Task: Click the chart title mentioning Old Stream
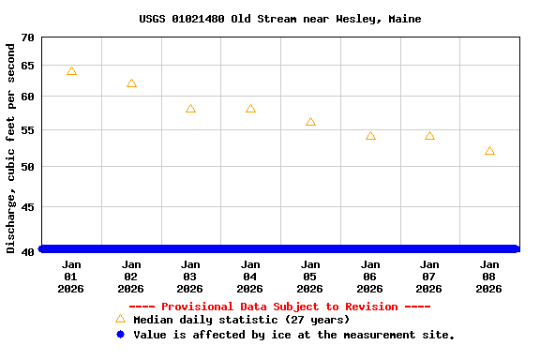point(279,19)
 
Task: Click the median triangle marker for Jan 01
point(71,71)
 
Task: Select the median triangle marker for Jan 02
point(131,83)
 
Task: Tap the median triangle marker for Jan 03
point(190,109)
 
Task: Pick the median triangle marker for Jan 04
point(250,109)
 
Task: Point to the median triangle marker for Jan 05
point(310,122)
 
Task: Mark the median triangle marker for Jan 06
point(370,136)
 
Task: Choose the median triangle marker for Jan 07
point(429,136)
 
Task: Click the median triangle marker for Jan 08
point(489,151)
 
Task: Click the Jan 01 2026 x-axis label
point(71,277)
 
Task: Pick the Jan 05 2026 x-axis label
point(310,277)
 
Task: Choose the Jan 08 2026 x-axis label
point(489,277)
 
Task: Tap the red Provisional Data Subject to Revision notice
point(279,307)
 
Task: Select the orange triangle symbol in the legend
point(120,319)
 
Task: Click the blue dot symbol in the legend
point(120,334)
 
